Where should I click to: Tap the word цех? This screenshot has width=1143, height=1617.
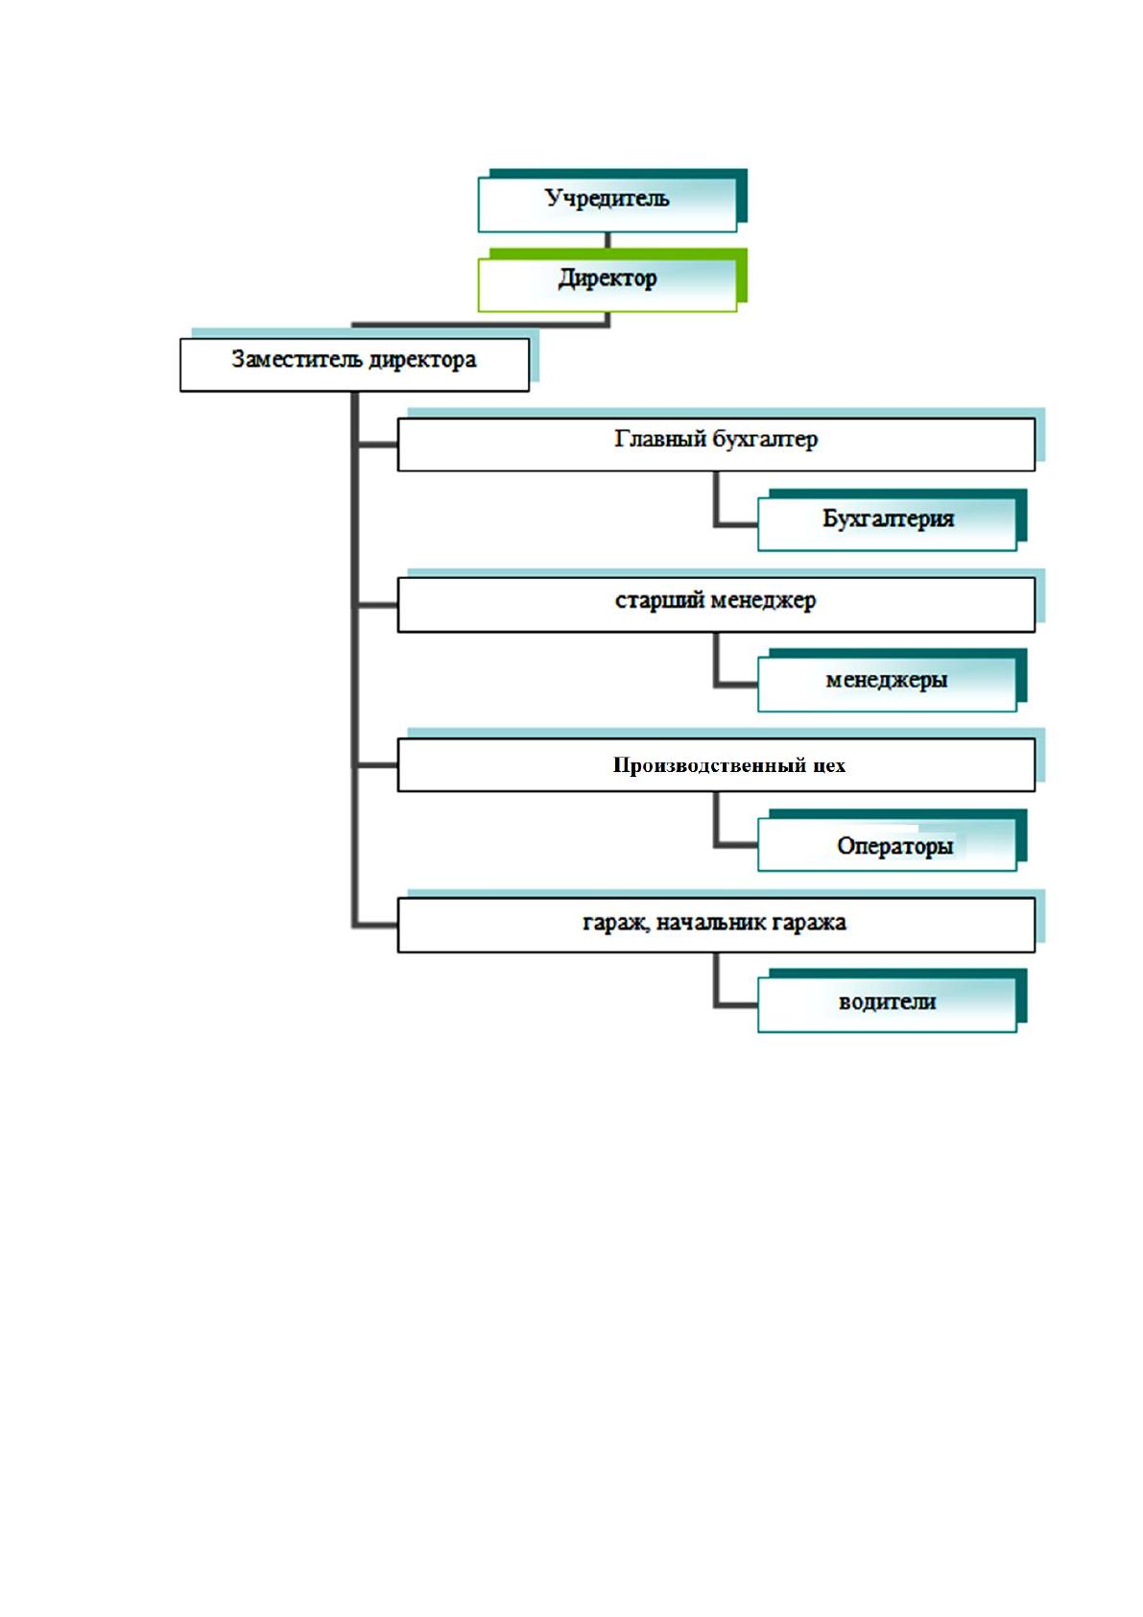829,766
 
